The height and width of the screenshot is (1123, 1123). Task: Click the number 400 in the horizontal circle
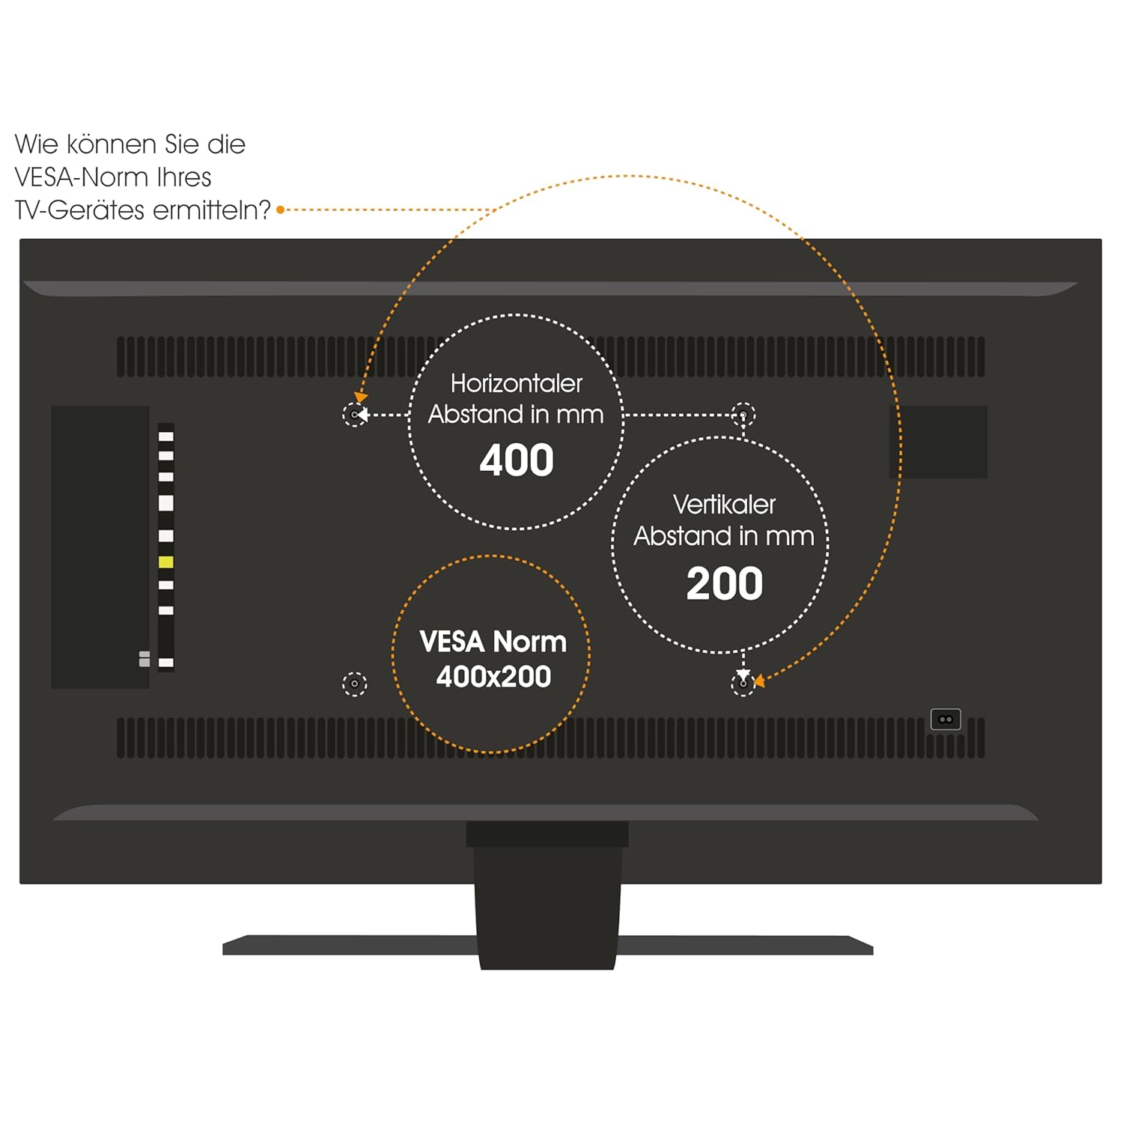pyautogui.click(x=517, y=460)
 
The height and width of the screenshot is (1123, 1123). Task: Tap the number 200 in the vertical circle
pyautogui.click(x=725, y=584)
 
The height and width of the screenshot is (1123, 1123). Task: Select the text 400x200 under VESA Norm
pyautogui.click(x=493, y=677)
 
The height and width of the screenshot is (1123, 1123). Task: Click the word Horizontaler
pyautogui.click(x=517, y=383)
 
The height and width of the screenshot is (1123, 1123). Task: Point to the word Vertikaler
pyautogui.click(x=724, y=505)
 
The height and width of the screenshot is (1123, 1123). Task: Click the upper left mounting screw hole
pyautogui.click(x=354, y=414)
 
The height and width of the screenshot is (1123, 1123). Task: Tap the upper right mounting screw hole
pyautogui.click(x=743, y=413)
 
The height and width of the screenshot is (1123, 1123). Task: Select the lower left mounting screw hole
pyautogui.click(x=354, y=684)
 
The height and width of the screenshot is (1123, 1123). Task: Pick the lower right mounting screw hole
pyautogui.click(x=743, y=684)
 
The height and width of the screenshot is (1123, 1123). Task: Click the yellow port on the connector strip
pyautogui.click(x=166, y=562)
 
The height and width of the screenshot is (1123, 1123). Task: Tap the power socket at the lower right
pyautogui.click(x=946, y=719)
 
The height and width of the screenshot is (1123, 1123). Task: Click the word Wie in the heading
pyautogui.click(x=36, y=144)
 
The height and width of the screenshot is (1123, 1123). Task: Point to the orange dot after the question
pyautogui.click(x=281, y=210)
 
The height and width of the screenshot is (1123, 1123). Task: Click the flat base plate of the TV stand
pyautogui.click(x=547, y=945)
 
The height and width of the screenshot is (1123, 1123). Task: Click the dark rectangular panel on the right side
pyautogui.click(x=938, y=442)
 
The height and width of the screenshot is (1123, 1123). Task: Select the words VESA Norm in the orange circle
pyautogui.click(x=493, y=642)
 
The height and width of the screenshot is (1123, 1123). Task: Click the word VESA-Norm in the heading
pyautogui.click(x=113, y=177)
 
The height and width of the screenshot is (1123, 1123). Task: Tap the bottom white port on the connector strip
pyautogui.click(x=166, y=663)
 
